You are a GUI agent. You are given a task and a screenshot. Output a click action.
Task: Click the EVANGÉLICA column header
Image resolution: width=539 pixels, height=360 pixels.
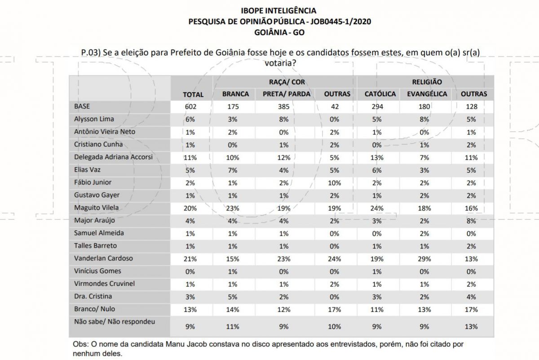point(427,94)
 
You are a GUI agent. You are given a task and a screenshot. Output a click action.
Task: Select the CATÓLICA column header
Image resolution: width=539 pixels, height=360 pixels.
point(380,94)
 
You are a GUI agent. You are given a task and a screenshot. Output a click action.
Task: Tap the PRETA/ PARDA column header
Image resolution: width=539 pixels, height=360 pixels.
point(287,94)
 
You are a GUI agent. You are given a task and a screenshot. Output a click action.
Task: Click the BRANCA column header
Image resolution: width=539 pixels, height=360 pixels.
point(235,94)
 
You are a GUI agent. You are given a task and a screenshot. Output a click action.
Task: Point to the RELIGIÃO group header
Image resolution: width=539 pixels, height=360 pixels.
point(427,82)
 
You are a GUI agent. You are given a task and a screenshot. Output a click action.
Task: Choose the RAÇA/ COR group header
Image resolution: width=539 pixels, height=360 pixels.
point(287,82)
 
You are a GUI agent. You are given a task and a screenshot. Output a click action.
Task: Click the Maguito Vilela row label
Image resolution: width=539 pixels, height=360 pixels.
point(96,208)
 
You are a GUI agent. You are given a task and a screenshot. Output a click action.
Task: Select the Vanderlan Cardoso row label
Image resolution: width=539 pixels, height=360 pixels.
point(103,258)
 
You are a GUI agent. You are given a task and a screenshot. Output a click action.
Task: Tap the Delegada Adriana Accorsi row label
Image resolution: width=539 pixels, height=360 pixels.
point(113,157)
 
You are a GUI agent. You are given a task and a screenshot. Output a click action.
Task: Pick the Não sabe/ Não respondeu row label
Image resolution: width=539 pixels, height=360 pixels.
point(115,322)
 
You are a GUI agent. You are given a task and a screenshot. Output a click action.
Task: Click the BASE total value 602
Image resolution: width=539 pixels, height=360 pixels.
point(190,107)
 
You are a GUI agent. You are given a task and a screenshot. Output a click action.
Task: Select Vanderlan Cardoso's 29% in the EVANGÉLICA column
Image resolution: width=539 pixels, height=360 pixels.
point(424,259)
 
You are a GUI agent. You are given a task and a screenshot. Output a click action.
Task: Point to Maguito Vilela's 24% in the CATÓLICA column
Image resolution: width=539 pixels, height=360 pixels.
point(377,208)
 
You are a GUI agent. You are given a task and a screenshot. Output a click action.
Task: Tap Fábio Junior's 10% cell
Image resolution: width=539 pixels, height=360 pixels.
point(335,183)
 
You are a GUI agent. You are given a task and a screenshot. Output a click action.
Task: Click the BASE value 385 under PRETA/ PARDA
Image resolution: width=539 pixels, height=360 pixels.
point(284,107)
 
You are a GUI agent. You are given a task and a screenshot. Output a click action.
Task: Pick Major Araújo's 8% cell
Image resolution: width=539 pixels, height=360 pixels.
point(471,221)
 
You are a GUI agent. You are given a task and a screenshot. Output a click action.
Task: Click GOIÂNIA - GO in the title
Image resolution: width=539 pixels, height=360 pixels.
point(279,32)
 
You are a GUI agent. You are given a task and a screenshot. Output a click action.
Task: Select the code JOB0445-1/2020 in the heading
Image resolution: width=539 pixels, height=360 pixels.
point(341,22)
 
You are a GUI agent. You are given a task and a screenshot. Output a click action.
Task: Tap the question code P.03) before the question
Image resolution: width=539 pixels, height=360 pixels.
point(91,53)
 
